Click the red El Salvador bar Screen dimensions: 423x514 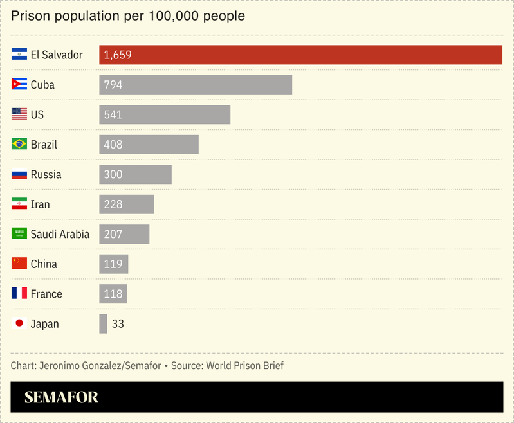point(300,55)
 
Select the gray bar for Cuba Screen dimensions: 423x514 point(196,85)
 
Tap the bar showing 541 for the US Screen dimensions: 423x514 point(165,114)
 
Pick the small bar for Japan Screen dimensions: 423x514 point(103,324)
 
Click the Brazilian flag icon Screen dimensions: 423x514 point(19,144)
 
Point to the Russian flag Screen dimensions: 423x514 point(19,174)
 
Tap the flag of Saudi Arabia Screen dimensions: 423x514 point(19,234)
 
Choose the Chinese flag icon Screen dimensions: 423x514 point(19,264)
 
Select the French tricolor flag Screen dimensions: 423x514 point(19,294)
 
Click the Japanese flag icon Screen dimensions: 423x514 point(19,323)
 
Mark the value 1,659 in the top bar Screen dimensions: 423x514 point(117,55)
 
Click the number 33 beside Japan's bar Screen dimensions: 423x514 point(118,324)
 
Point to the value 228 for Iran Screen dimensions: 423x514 point(113,204)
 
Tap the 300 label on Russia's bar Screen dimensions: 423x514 point(113,174)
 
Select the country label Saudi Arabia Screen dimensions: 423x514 point(60,234)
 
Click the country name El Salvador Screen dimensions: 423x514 point(57,55)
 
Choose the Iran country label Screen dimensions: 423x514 point(40,204)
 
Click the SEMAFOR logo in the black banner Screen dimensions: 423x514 point(61,398)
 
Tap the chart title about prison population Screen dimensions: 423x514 point(128,15)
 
